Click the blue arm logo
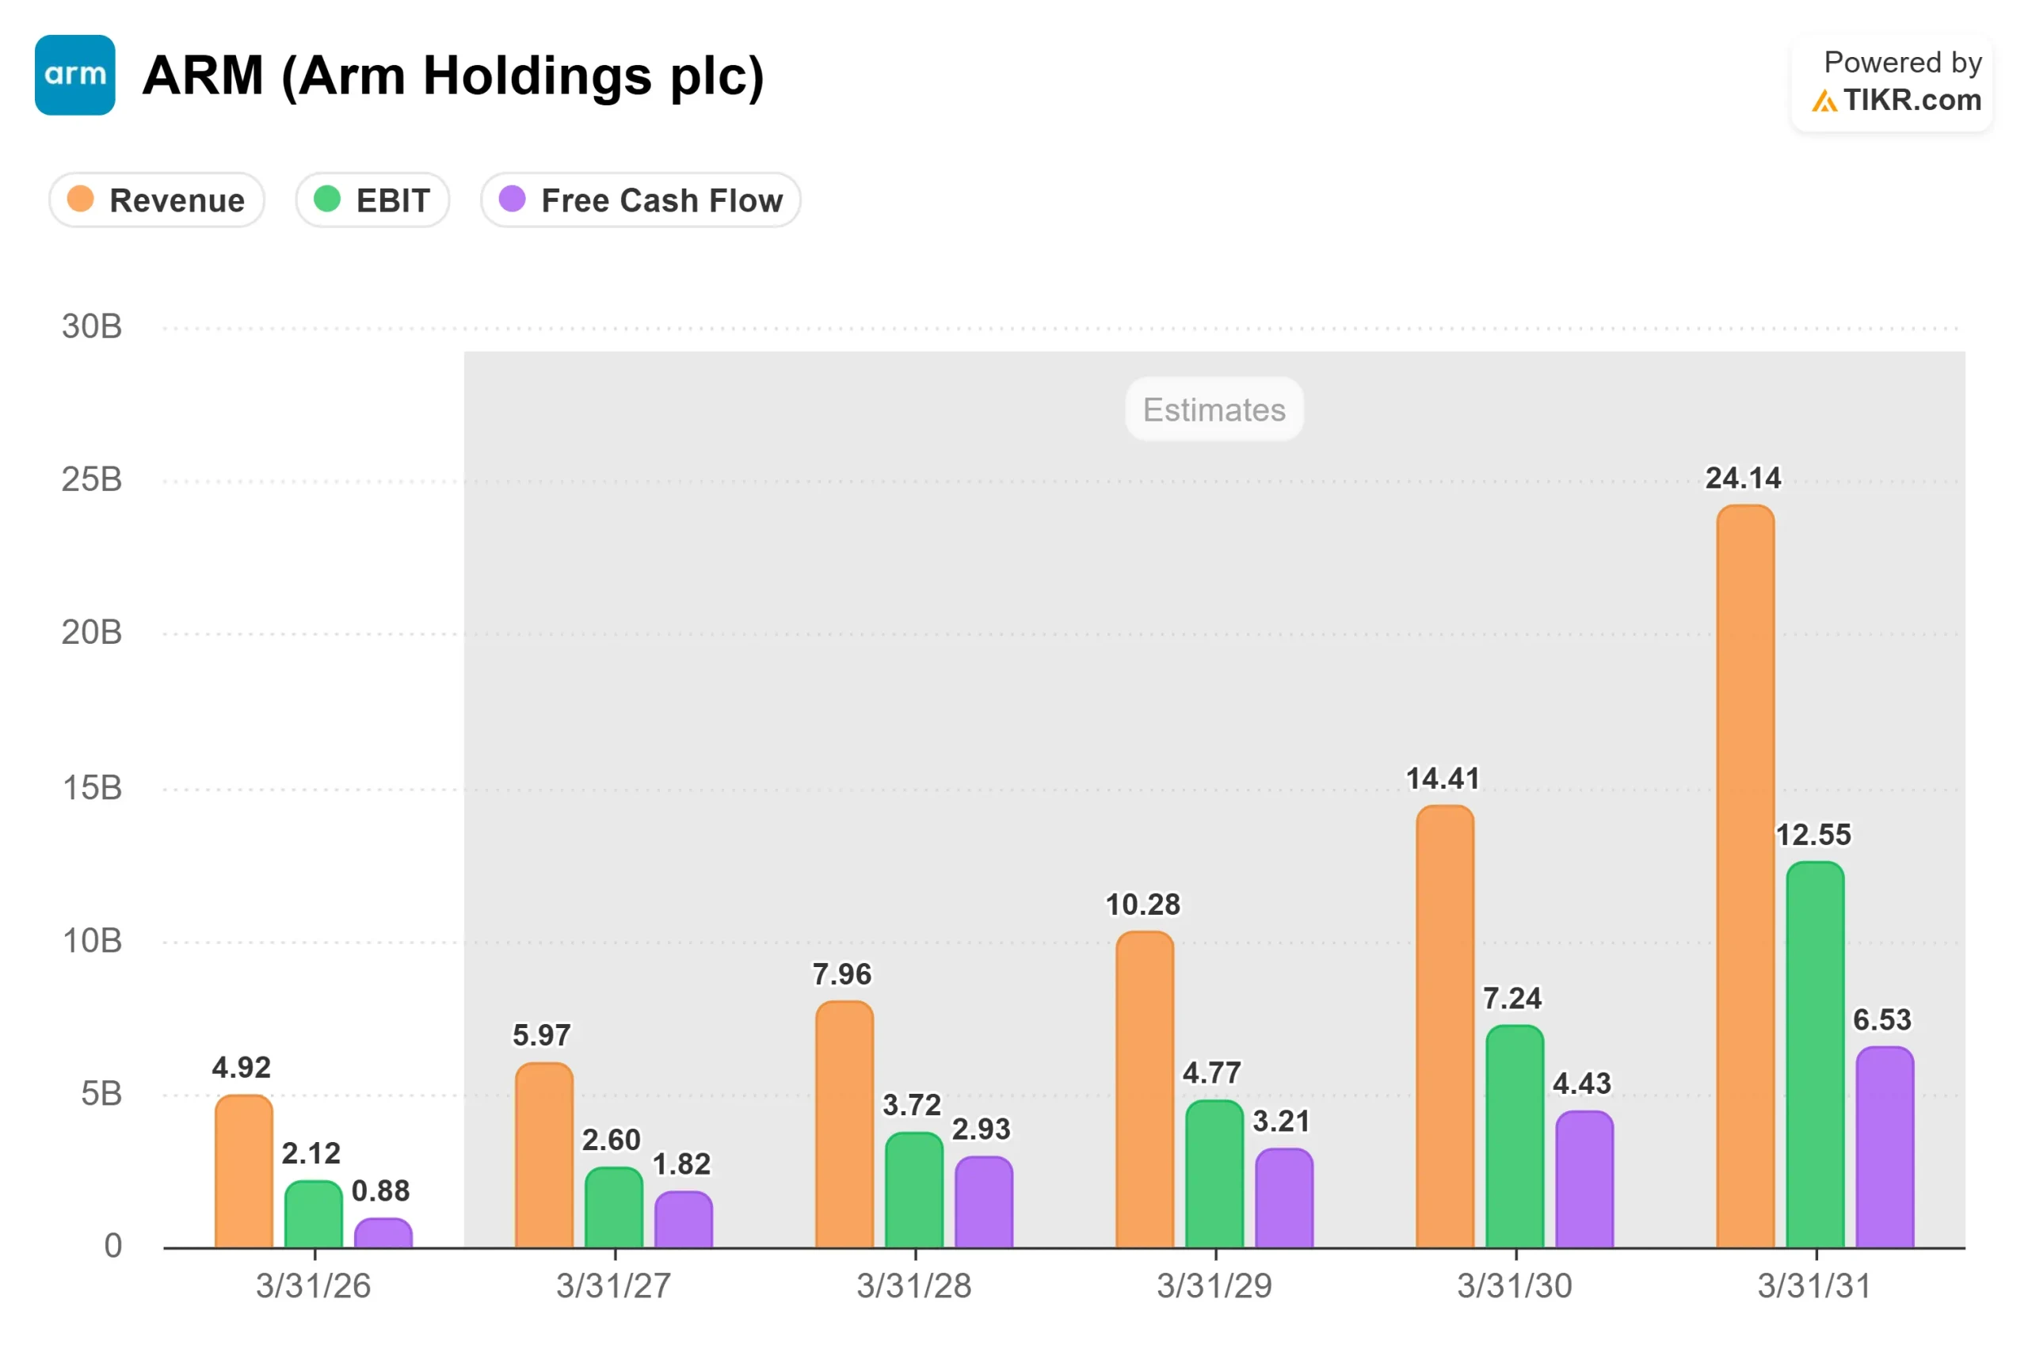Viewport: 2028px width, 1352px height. [75, 75]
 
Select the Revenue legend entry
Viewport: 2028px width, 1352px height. [157, 200]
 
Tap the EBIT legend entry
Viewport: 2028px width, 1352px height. [372, 200]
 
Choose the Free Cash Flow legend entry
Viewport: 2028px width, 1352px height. [641, 200]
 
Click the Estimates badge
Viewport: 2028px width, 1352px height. [1214, 409]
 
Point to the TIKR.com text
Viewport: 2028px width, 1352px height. [1912, 100]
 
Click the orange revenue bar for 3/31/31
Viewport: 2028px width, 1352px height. [1745, 876]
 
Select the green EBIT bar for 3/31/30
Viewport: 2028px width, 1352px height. [1515, 1137]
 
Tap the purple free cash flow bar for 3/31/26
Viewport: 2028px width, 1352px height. [383, 1233]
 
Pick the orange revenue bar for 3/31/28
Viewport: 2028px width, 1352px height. [844, 1125]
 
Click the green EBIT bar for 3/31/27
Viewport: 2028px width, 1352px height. [614, 1207]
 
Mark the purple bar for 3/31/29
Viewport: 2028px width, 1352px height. [1284, 1198]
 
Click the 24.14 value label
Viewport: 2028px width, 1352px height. [1744, 478]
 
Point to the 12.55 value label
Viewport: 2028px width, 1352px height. [1813, 835]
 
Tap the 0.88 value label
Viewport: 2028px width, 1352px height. [380, 1190]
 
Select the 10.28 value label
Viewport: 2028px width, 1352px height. [1142, 905]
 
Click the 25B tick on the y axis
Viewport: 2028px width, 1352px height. [91, 479]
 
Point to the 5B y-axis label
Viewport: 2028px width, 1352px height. [101, 1093]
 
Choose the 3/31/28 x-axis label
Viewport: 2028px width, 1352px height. [914, 1285]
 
